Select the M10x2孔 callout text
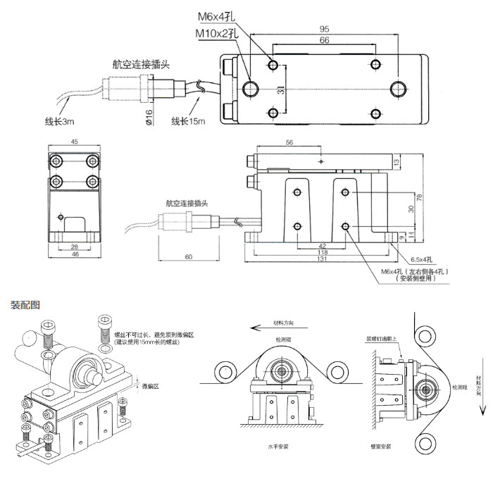coord(218,32)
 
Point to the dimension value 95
coord(325,30)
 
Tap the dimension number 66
coord(325,41)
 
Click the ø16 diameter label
coord(149,118)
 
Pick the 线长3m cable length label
coord(59,121)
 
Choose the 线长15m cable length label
coord(188,121)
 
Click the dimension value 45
coord(74,139)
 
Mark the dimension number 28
coord(74,247)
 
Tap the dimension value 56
coord(289,142)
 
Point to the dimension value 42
coord(321,246)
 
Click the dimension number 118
coord(321,253)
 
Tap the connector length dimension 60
coord(189,257)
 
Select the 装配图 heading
coord(25,305)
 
